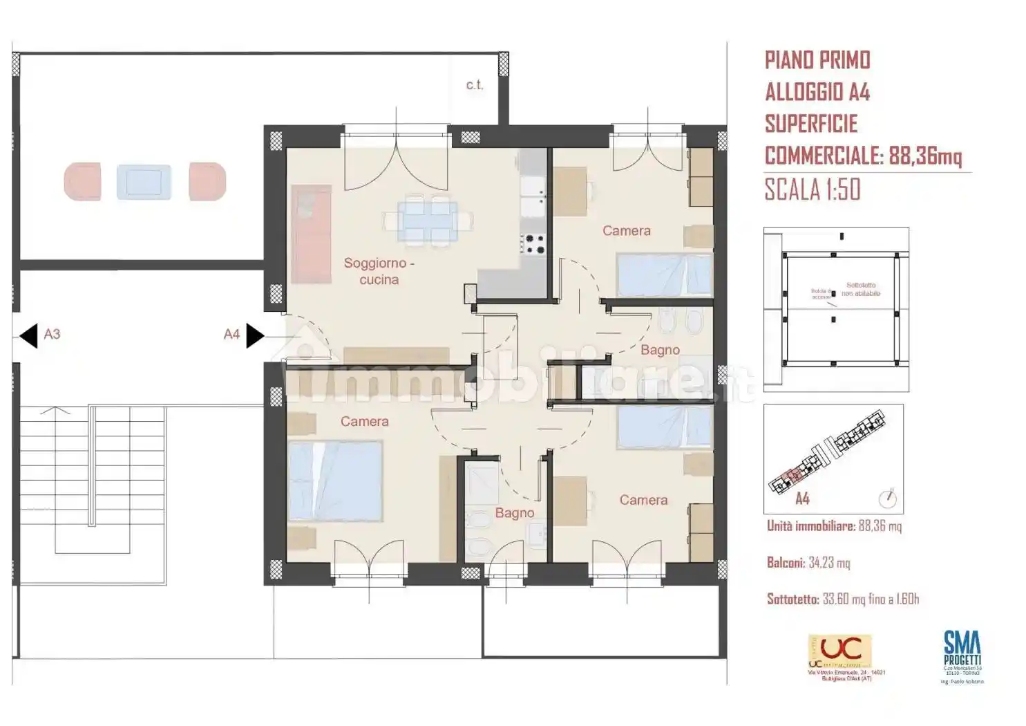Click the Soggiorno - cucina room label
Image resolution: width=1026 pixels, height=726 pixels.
pos(379,271)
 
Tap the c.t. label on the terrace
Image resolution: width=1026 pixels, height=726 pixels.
pos(475,85)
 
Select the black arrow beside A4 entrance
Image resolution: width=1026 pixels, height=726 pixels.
pos(254,335)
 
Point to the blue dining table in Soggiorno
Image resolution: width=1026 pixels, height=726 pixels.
pos(428,221)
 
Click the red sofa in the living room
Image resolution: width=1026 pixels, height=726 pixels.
pos(311,234)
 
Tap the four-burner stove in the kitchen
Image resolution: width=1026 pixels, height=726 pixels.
pos(532,244)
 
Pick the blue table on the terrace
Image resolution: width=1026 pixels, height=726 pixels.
pos(144,182)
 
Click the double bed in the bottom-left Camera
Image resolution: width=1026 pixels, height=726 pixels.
pos(335,481)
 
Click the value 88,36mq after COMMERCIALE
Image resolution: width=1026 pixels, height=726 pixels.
pos(925,156)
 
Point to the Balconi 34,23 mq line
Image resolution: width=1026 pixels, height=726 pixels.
pos(808,563)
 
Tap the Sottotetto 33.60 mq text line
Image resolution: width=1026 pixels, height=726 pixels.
pos(843,599)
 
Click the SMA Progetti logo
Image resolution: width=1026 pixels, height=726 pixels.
pos(962,651)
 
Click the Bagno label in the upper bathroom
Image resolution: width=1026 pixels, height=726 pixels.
pos(660,350)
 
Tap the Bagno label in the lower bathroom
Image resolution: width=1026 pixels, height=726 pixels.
pos(514,513)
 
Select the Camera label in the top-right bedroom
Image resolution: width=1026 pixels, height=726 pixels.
pos(626,231)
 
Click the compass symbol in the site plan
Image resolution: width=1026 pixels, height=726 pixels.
pos(887,498)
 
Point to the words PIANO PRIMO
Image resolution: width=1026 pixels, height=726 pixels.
pos(817,60)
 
